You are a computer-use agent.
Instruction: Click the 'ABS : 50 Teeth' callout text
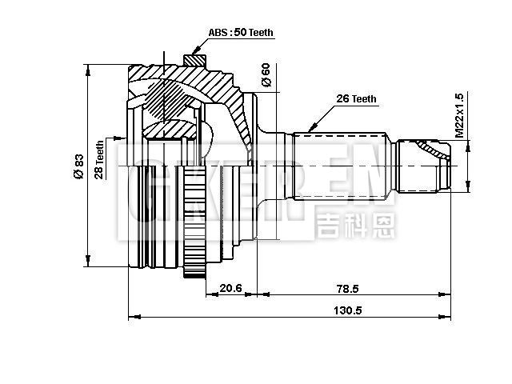pos(241,33)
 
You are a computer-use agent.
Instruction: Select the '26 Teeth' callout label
pos(356,99)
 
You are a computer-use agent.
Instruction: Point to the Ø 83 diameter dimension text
pos(78,165)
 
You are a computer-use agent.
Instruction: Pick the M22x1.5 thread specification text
pos(458,116)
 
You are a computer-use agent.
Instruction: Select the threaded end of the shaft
pos(422,166)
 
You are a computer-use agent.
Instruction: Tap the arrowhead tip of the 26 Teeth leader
pos(308,132)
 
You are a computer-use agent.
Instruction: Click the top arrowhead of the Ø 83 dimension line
pos(86,65)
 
